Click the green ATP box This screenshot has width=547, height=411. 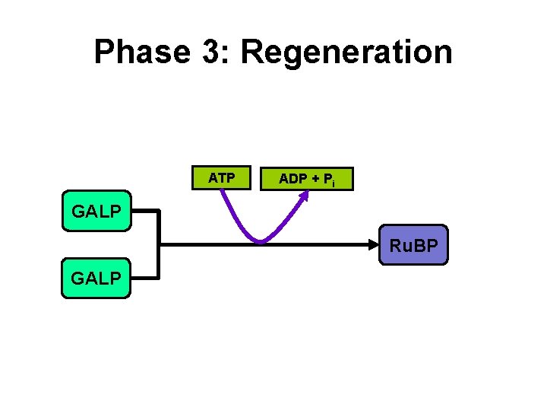(x=221, y=178)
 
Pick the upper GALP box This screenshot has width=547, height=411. (x=96, y=211)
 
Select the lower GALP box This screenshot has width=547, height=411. (x=96, y=278)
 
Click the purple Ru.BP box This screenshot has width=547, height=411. (x=413, y=245)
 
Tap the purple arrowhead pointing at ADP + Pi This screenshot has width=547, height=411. (x=305, y=193)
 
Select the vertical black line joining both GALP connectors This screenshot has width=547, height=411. (x=160, y=244)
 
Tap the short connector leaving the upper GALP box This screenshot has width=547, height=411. (x=145, y=211)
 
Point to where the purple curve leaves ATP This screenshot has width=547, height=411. (x=222, y=192)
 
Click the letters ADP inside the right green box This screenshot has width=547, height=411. (x=292, y=179)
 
